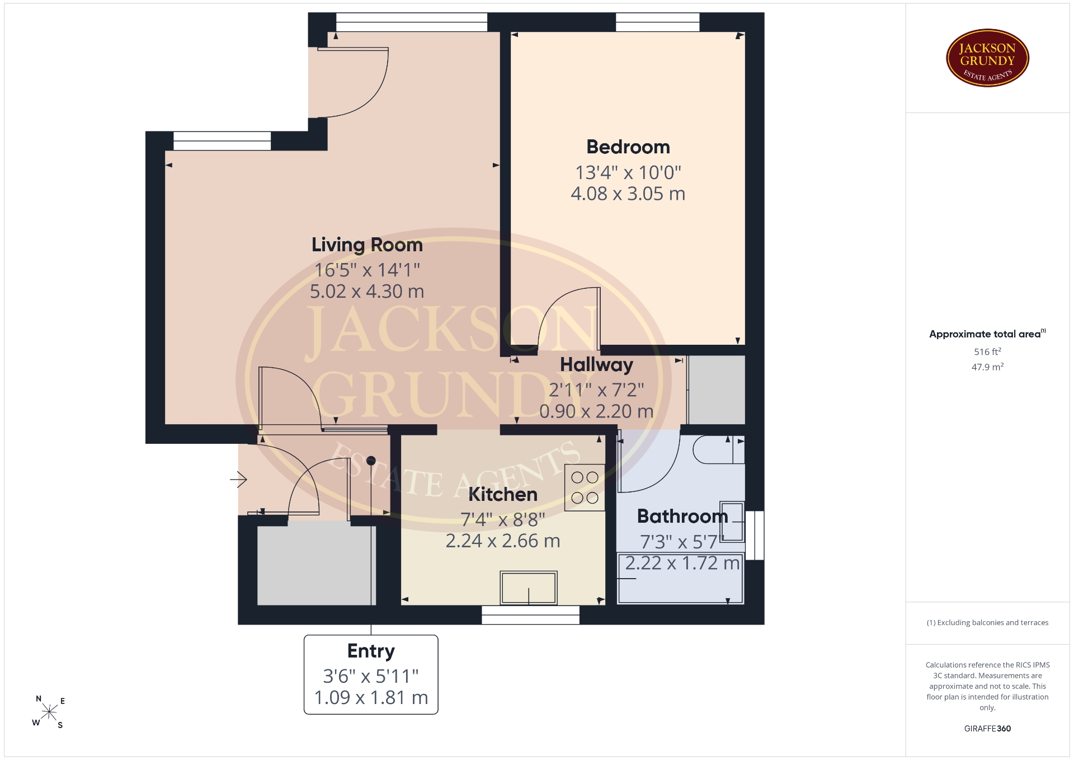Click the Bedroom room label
click(628, 147)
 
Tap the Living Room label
click(367, 245)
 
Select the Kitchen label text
click(503, 495)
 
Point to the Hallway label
click(597, 365)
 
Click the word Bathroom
click(682, 516)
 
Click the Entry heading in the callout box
click(371, 651)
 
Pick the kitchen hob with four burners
click(585, 487)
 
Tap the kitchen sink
click(529, 588)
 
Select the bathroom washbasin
click(732, 522)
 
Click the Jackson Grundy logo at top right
click(987, 58)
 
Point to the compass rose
click(49, 712)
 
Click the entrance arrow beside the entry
click(239, 479)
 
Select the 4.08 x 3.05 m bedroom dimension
click(628, 194)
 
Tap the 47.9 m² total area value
click(987, 367)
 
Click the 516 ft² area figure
click(987, 351)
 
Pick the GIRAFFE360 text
click(987, 729)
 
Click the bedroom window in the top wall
click(658, 22)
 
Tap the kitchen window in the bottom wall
click(531, 614)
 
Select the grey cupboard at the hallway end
click(717, 390)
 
